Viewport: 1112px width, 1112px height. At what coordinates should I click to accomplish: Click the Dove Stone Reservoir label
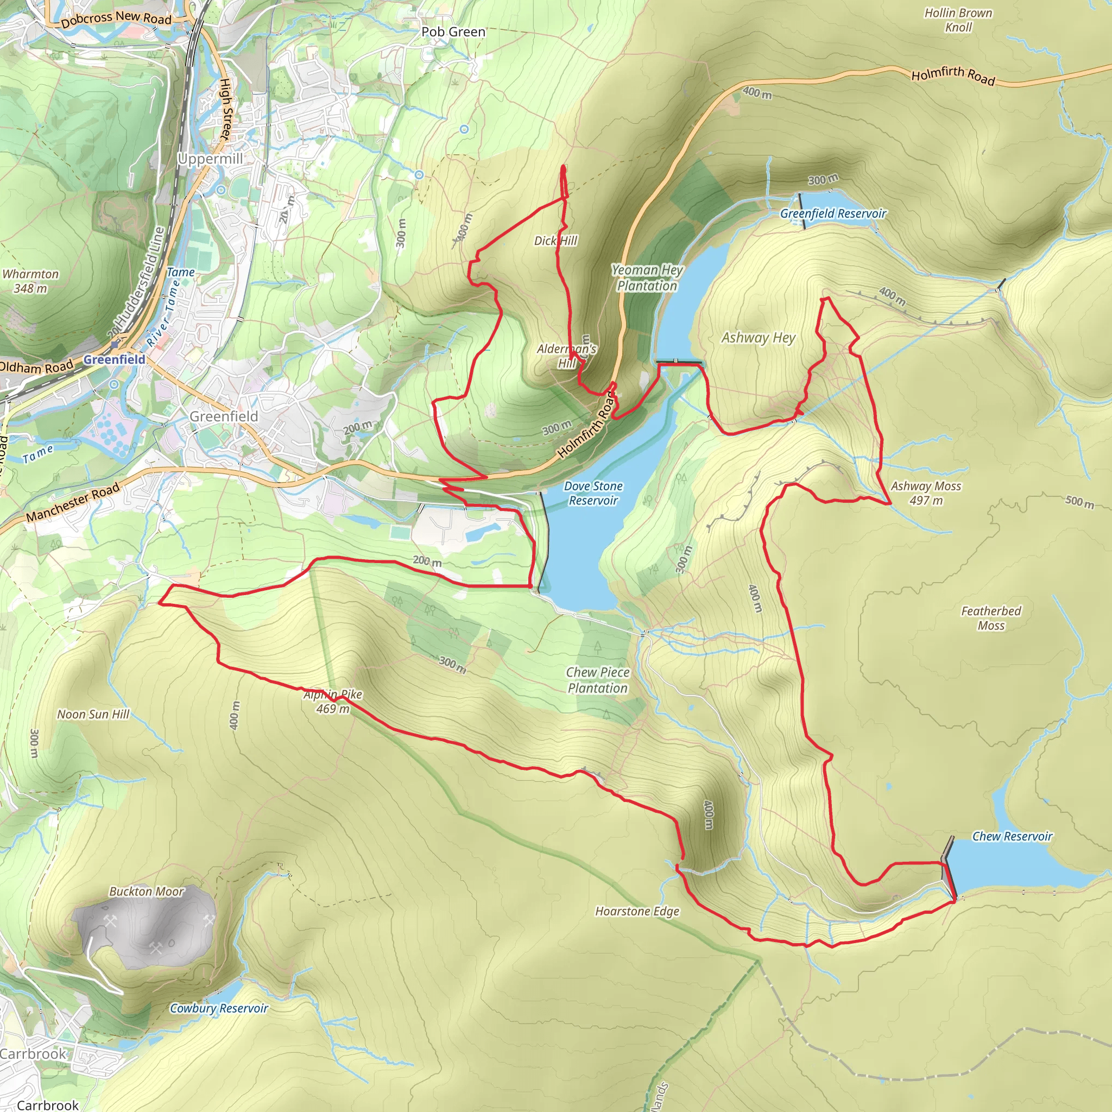pos(593,493)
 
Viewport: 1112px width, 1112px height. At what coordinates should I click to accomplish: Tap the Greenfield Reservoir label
pos(833,213)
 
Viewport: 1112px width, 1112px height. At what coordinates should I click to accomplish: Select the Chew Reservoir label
pos(1012,836)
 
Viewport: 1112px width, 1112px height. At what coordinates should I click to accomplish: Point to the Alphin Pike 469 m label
pos(333,702)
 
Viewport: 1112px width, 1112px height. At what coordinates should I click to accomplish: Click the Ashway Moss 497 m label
pos(926,493)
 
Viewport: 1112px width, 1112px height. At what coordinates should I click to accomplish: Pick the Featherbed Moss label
pos(990,618)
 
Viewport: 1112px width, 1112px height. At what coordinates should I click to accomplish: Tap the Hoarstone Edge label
pos(637,911)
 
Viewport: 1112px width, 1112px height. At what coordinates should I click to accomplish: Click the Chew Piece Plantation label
pos(597,680)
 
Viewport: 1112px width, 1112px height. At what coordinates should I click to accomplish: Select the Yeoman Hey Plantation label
pos(647,277)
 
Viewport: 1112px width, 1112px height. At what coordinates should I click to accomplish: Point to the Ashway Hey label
pos(758,338)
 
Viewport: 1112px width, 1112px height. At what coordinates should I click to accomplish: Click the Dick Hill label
pos(555,241)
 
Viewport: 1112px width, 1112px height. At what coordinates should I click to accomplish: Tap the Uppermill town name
pos(210,159)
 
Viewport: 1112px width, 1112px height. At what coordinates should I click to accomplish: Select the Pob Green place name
pos(453,31)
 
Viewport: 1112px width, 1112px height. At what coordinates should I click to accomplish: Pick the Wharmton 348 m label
pos(30,281)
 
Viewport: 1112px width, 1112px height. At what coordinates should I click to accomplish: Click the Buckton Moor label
pos(147,892)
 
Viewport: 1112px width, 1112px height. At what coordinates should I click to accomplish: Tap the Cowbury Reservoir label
pos(219,1008)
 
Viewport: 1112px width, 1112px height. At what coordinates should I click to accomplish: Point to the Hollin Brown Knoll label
pos(958,20)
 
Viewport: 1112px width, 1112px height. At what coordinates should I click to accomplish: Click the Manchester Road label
pos(73,502)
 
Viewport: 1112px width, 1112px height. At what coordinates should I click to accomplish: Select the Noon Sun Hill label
pos(93,715)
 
